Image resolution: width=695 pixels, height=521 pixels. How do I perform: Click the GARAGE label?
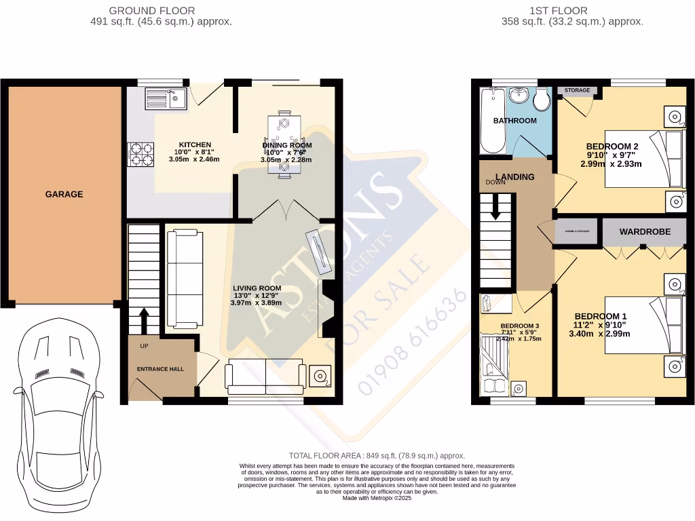(64, 194)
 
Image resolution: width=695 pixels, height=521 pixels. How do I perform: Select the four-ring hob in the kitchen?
(140, 155)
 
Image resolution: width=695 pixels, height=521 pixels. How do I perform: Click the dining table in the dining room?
(283, 145)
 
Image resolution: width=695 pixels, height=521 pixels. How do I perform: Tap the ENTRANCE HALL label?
(161, 369)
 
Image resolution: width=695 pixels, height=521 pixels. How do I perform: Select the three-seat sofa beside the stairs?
(184, 279)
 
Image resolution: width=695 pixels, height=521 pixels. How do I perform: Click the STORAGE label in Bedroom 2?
(577, 90)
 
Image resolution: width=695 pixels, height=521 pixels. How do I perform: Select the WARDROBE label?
(644, 232)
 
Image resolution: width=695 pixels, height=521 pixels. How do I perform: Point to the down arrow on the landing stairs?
(495, 206)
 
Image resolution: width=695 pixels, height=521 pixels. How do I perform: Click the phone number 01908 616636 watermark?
(413, 343)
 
